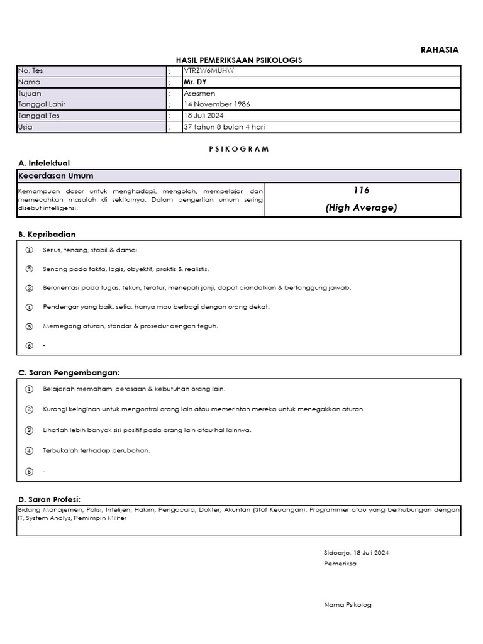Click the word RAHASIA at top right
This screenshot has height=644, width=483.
click(x=440, y=50)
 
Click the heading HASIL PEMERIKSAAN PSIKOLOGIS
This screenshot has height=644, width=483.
click(x=239, y=60)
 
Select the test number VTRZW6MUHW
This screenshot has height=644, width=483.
click(x=208, y=70)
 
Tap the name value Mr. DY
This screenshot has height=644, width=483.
click(x=194, y=82)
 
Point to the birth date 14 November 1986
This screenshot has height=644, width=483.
click(x=216, y=104)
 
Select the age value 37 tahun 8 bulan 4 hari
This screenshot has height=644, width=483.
click(x=224, y=127)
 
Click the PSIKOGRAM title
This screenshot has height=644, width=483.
click(x=239, y=149)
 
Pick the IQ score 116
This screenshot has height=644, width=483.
click(x=361, y=191)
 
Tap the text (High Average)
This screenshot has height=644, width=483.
click(x=361, y=208)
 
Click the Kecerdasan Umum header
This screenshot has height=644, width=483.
click(x=55, y=176)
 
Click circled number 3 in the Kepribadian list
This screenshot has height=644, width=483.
click(x=29, y=288)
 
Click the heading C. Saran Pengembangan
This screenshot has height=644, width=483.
click(x=69, y=373)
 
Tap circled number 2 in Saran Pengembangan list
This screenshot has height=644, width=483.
click(x=29, y=409)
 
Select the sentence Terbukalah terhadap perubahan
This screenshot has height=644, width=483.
click(x=96, y=451)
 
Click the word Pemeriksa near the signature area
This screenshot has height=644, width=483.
click(x=340, y=563)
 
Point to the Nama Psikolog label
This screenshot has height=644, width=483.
click(x=348, y=605)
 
